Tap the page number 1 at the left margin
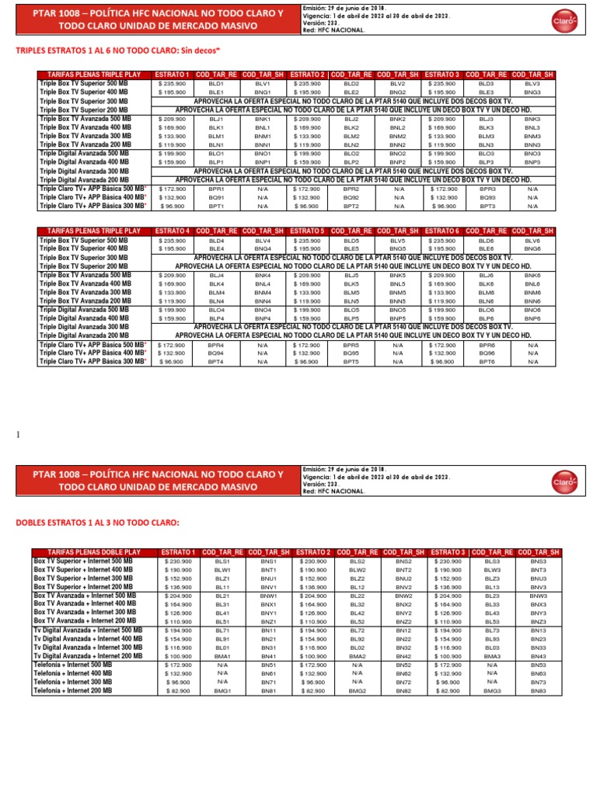tap(17, 436)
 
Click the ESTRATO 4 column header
tap(172, 231)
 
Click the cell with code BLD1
tap(216, 83)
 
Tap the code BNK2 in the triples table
tap(397, 119)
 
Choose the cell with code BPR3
tap(487, 189)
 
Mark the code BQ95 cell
tap(351, 353)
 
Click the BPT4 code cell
tap(216, 362)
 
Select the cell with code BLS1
tap(222, 560)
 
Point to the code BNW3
tap(538, 595)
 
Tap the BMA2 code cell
tap(358, 656)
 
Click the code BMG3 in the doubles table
tap(492, 690)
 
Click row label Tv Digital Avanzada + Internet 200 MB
tap(87, 656)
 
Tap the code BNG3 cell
tap(532, 92)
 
